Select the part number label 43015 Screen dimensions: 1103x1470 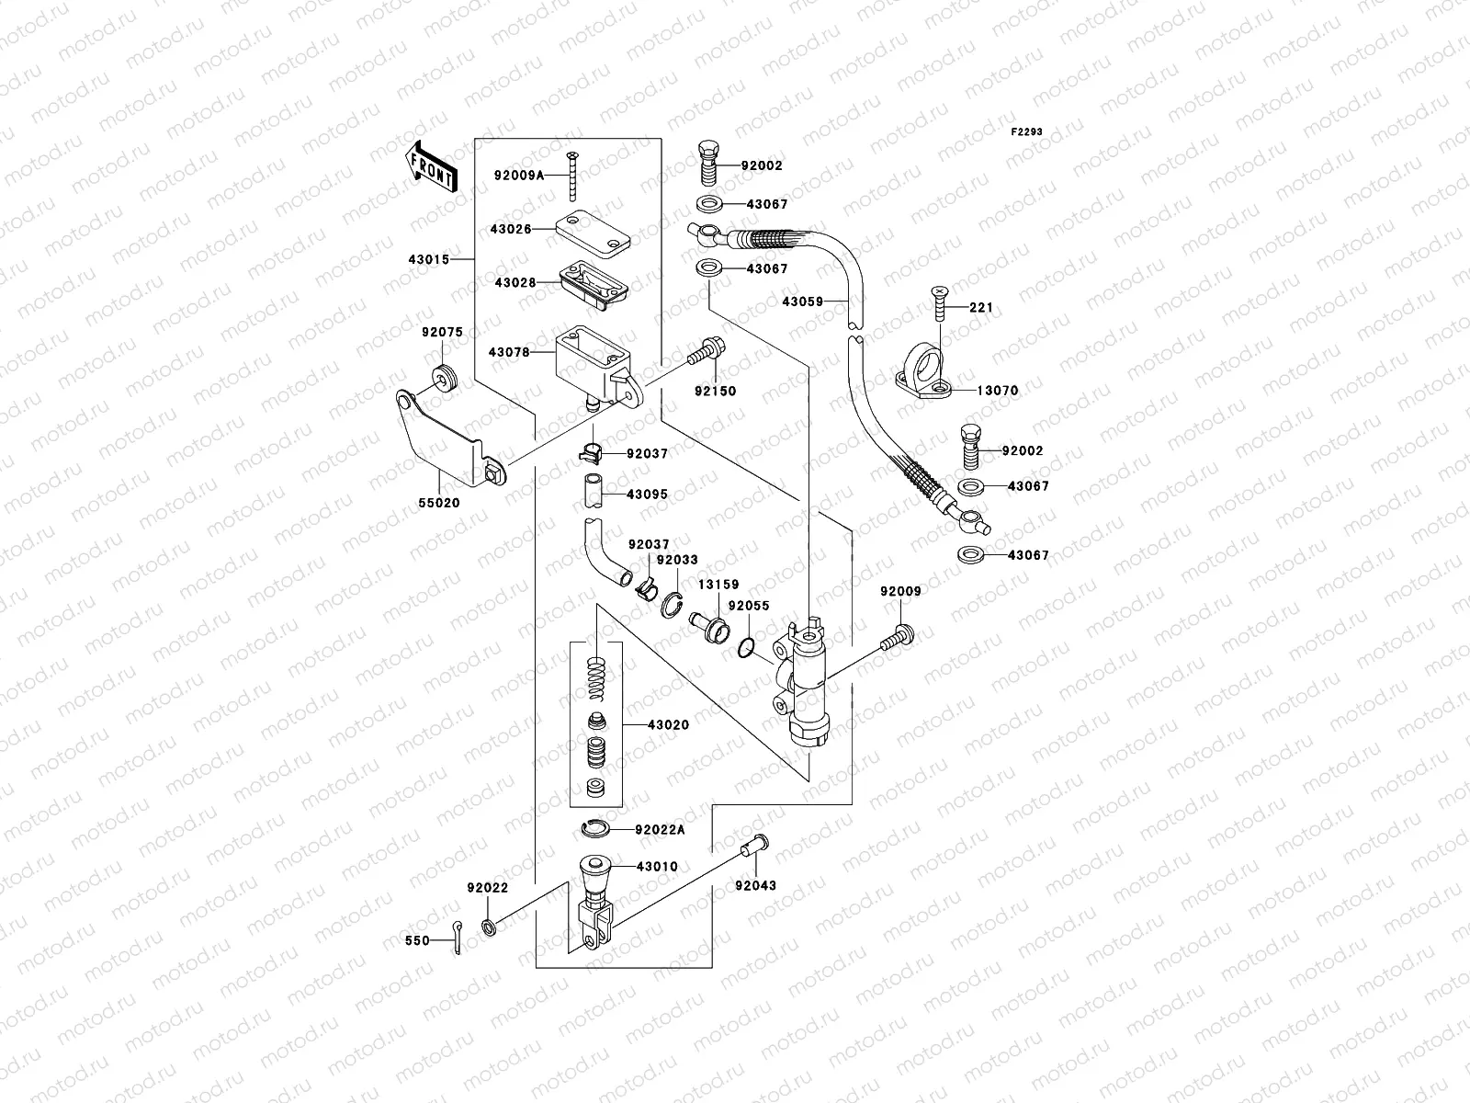428,259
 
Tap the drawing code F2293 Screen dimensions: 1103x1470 1027,132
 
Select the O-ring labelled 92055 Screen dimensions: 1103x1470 747,649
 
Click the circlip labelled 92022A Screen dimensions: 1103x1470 596,830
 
